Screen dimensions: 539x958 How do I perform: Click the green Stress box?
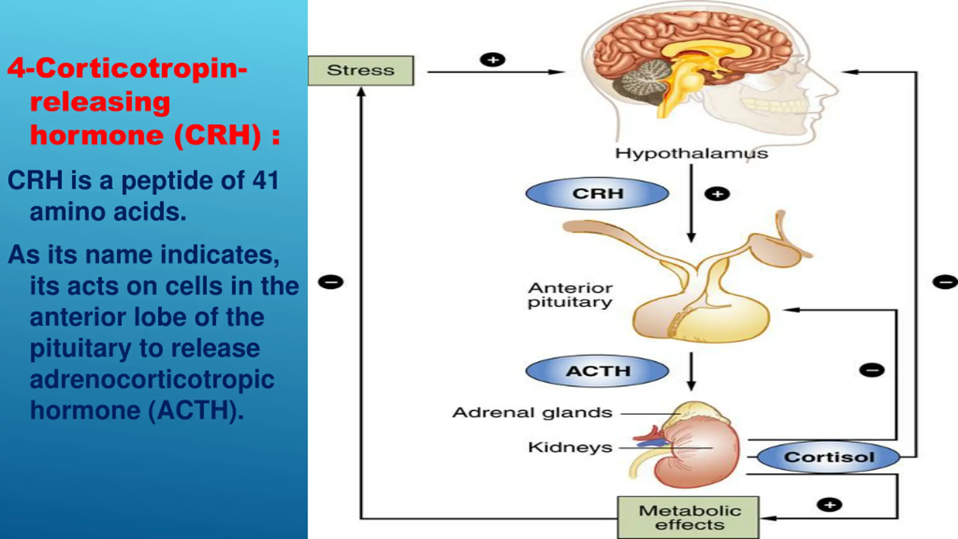pyautogui.click(x=361, y=70)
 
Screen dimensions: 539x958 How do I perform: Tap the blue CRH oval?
pyautogui.click(x=597, y=194)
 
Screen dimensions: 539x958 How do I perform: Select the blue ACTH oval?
pyautogui.click(x=597, y=371)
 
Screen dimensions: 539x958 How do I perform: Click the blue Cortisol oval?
pyautogui.click(x=829, y=457)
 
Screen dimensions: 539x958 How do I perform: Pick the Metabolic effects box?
pyautogui.click(x=689, y=518)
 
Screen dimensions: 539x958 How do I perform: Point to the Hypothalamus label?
pyautogui.click(x=692, y=153)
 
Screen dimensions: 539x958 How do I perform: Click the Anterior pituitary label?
pyautogui.click(x=570, y=295)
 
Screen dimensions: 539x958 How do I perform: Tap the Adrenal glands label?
pyautogui.click(x=532, y=412)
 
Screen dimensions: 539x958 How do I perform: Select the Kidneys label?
pyautogui.click(x=570, y=447)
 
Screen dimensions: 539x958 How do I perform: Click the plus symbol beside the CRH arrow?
pyautogui.click(x=717, y=194)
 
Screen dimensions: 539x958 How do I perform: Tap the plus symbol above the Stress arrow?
pyautogui.click(x=492, y=60)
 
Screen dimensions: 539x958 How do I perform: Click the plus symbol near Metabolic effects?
pyautogui.click(x=829, y=505)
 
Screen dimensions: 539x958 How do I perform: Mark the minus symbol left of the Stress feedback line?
pyautogui.click(x=330, y=282)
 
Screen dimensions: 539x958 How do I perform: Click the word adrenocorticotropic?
pyautogui.click(x=152, y=379)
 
